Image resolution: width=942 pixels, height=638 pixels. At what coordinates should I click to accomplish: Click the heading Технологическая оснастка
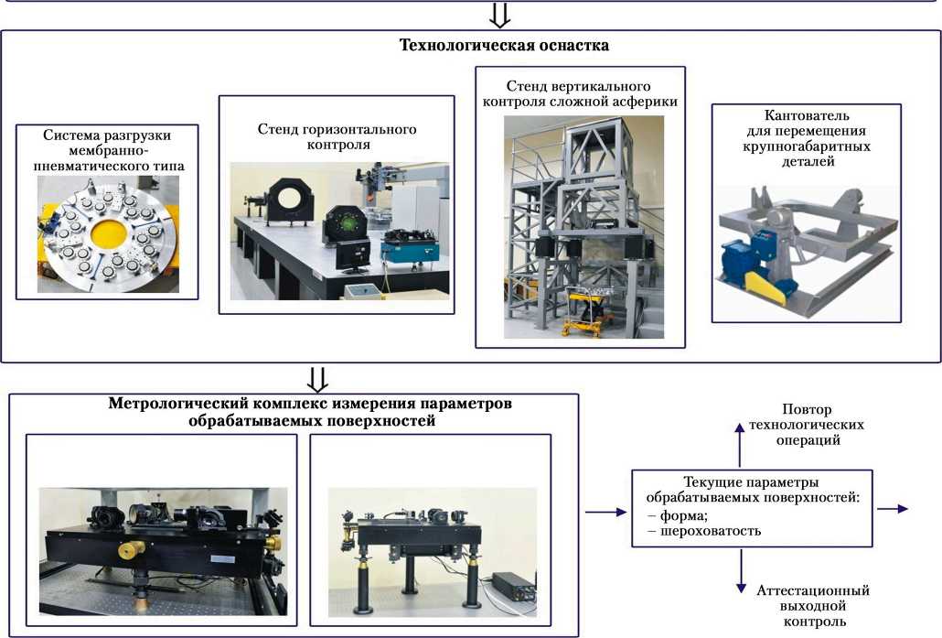click(504, 45)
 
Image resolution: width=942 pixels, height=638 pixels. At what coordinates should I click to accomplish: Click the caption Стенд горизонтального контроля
click(337, 136)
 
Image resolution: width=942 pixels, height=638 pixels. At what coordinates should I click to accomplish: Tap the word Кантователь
click(807, 116)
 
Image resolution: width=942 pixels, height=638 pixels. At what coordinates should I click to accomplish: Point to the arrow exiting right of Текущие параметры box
click(893, 508)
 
